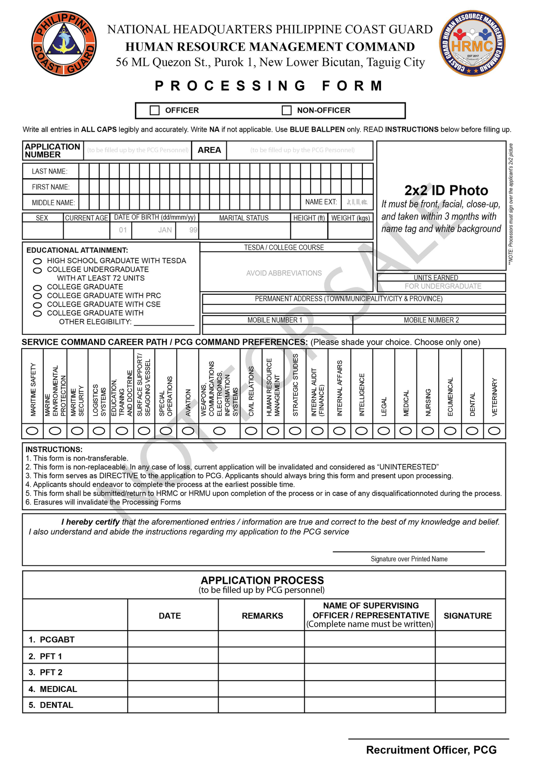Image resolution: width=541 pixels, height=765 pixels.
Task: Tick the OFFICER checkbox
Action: (155, 110)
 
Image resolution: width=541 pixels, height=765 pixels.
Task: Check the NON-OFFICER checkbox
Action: (287, 110)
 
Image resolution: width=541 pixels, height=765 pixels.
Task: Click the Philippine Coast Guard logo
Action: (64, 44)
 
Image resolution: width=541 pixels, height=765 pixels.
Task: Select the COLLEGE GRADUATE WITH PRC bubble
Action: (38, 296)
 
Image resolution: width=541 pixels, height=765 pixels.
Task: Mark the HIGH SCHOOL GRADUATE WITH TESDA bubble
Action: (38, 261)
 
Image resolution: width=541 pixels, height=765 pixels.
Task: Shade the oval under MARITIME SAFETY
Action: (32, 431)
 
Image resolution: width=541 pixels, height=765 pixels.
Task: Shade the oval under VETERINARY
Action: (495, 431)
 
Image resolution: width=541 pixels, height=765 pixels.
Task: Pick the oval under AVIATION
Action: (188, 431)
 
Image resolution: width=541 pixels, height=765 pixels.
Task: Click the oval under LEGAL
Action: (384, 431)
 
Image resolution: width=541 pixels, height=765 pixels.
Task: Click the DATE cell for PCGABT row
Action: (173, 639)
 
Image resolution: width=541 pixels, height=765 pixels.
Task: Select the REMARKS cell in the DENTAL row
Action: (261, 705)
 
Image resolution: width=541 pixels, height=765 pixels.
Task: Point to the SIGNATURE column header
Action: (468, 616)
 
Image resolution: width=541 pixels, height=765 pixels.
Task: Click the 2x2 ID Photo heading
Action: (446, 190)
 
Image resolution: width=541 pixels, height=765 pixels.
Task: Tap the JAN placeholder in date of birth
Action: (165, 230)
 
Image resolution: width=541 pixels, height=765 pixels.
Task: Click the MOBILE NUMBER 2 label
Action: (431, 320)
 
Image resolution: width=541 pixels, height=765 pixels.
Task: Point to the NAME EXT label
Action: (321, 202)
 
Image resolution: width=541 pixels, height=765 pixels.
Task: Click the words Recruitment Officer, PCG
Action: (431, 750)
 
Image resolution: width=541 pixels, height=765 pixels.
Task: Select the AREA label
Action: (209, 150)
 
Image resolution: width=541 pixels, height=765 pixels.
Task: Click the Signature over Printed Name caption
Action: (409, 559)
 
